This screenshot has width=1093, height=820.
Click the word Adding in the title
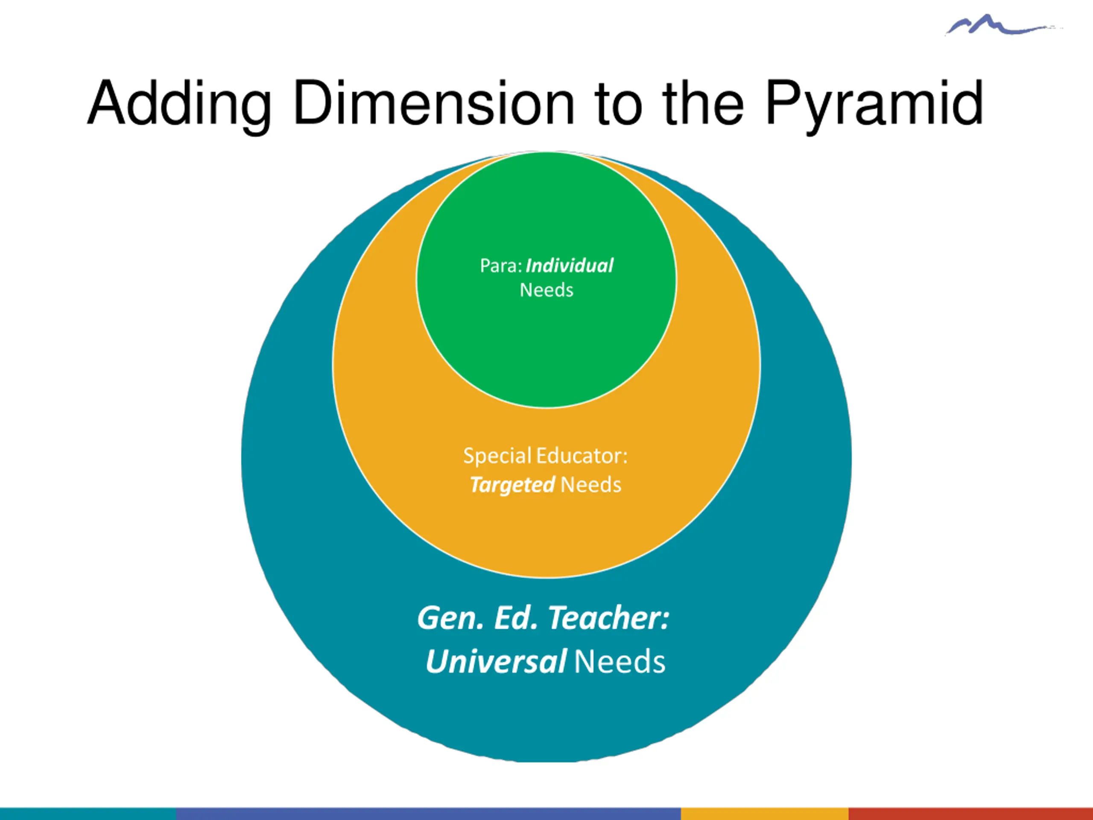pyautogui.click(x=179, y=104)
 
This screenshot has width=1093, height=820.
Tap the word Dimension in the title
pyautogui.click(x=434, y=104)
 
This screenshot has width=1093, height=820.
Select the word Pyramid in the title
pyautogui.click(x=874, y=104)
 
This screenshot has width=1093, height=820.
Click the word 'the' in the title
pyautogui.click(x=702, y=104)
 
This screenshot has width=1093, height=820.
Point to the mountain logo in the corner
pyautogui.click(x=998, y=26)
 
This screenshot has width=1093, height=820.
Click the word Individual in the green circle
pyautogui.click(x=569, y=266)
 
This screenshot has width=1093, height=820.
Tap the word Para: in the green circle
pyautogui.click(x=500, y=266)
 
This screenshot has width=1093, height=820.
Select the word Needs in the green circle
pyautogui.click(x=546, y=290)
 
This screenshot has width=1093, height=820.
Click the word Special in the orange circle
pyautogui.click(x=497, y=456)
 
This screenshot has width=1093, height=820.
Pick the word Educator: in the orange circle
pyautogui.click(x=582, y=456)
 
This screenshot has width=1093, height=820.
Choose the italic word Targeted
pyautogui.click(x=512, y=485)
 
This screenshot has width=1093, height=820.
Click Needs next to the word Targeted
pyautogui.click(x=591, y=485)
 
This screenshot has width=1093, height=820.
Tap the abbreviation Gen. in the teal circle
pyautogui.click(x=450, y=618)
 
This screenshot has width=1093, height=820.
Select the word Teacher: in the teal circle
pyautogui.click(x=609, y=618)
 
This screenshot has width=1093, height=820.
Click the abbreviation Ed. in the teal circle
pyautogui.click(x=515, y=618)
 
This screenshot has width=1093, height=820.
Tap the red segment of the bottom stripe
pyautogui.click(x=970, y=814)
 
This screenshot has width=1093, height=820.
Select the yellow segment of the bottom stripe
pyautogui.click(x=764, y=814)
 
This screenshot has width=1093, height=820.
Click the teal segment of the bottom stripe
pyautogui.click(x=88, y=814)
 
